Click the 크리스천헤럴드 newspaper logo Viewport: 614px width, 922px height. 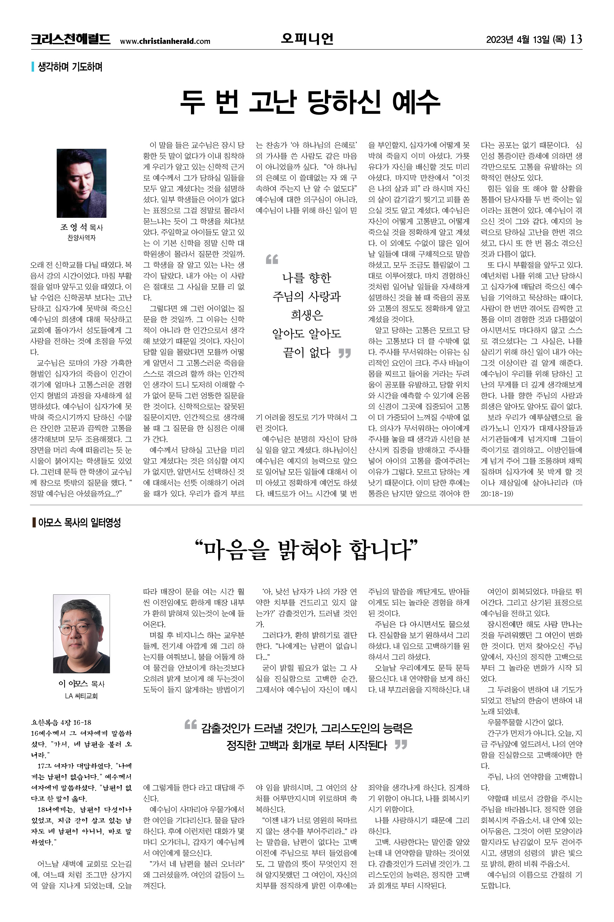pos(70,40)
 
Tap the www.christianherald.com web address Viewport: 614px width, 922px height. pos(165,41)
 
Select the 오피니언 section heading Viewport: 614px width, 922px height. pos(307,39)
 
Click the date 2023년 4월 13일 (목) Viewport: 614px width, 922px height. pos(526,40)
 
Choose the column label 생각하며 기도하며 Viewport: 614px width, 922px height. pos(70,67)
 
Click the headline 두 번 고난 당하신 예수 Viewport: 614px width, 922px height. pos(310,102)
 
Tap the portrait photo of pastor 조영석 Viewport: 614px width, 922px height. pos(81,183)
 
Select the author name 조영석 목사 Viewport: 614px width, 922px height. pos(81,227)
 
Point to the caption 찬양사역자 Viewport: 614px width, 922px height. pos(81,237)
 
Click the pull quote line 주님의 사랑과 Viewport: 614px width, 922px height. pos(307,296)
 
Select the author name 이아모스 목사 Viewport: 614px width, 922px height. pos(81,683)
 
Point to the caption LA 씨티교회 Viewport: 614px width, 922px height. pos(81,696)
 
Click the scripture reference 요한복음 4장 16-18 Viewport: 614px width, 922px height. pos(61,722)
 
